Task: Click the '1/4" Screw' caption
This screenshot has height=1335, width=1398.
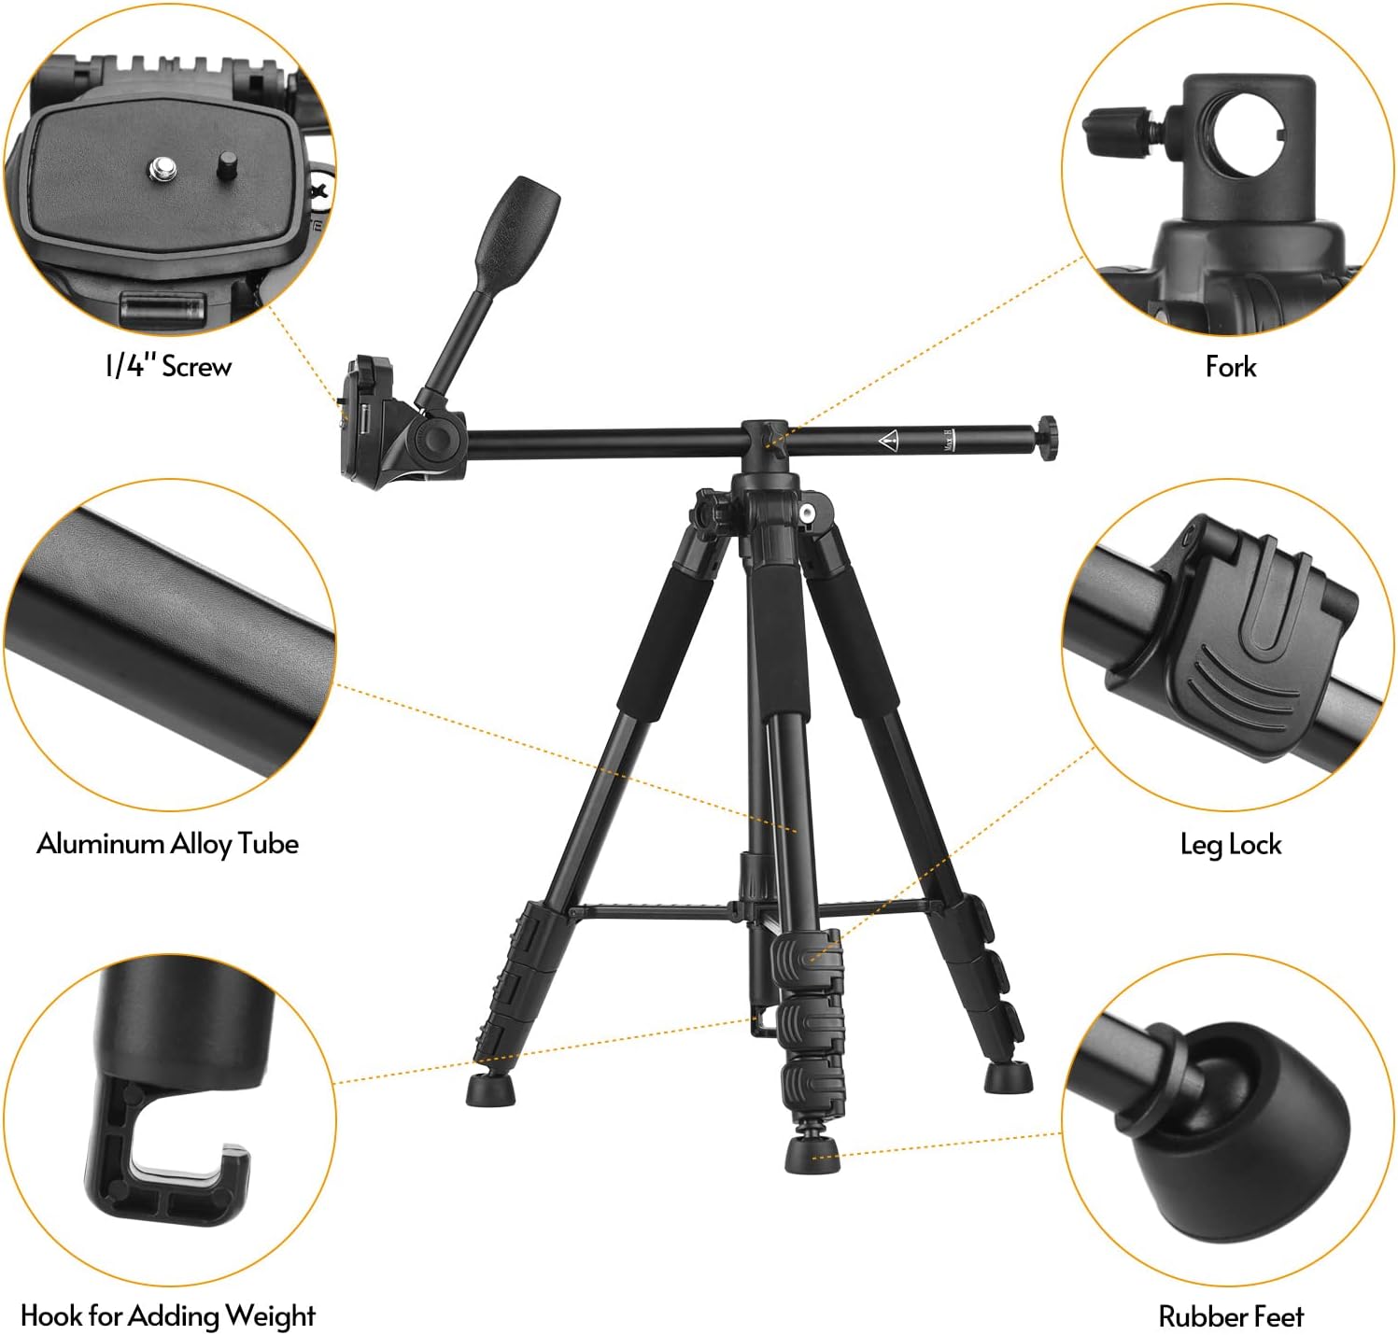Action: point(168,366)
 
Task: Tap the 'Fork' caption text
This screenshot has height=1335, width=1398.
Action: point(1230,366)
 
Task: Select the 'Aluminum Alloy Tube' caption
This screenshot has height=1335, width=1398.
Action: point(168,843)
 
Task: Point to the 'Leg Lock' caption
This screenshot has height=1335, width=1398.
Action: point(1231,844)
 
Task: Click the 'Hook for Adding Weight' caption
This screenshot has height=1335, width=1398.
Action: point(168,1315)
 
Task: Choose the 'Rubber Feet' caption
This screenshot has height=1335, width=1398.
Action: point(1231,1316)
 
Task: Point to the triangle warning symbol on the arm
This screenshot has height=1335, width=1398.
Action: point(887,440)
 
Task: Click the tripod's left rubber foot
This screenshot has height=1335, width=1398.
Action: point(491,1087)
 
